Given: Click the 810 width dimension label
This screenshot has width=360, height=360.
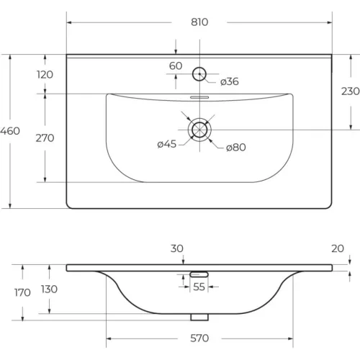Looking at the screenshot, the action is click(x=199, y=22).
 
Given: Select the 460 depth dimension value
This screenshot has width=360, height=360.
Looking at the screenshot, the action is click(x=10, y=131).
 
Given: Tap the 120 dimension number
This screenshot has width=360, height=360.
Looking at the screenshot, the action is click(x=45, y=75).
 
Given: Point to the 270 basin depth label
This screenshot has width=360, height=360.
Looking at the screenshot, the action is click(x=45, y=138).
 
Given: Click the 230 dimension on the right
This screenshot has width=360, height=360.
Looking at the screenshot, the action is click(x=351, y=91).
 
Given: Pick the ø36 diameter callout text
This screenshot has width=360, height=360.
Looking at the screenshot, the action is click(x=230, y=81).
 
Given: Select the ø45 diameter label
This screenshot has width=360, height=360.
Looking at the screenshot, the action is click(x=167, y=144).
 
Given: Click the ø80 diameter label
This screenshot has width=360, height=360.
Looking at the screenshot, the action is click(x=236, y=147).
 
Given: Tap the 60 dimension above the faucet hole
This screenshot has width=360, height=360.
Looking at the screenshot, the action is click(x=176, y=66).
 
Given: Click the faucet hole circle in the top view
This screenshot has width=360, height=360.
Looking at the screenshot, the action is click(x=199, y=68).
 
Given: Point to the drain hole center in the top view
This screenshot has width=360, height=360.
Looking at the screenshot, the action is click(x=199, y=130).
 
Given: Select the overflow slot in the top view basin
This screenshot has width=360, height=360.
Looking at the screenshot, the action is click(x=199, y=97).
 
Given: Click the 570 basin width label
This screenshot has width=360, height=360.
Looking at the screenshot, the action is click(x=199, y=338).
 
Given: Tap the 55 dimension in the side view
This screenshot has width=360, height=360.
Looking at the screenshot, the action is click(x=199, y=287).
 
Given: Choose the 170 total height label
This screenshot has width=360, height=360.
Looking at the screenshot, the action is click(x=22, y=292).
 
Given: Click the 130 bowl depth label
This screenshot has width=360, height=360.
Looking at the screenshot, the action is click(x=49, y=289).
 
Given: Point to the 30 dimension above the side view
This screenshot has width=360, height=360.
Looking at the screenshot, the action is click(x=177, y=248).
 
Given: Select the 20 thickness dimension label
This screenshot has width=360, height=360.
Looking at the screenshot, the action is click(x=338, y=248).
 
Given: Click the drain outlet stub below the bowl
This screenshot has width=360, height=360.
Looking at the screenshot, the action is click(x=199, y=317).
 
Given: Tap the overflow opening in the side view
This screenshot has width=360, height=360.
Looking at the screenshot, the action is click(x=199, y=274).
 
